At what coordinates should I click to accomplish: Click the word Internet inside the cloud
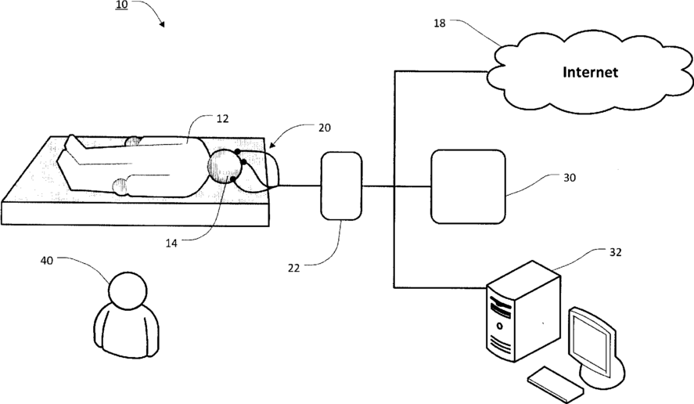(591, 73)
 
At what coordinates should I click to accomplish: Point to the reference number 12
(222, 118)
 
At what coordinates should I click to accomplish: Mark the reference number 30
(569, 178)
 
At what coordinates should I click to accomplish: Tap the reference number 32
(615, 252)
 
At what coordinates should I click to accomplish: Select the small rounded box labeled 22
(341, 186)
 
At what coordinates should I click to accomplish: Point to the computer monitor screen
(593, 341)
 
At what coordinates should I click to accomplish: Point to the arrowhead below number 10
(162, 24)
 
